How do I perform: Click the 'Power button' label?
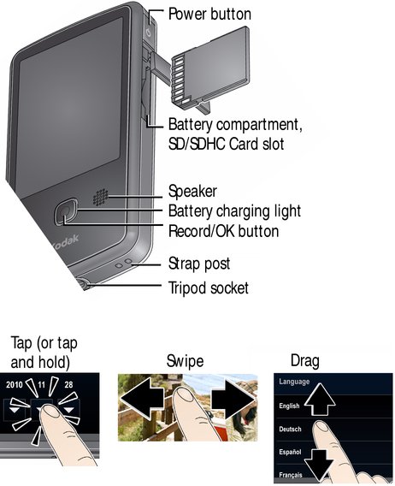point(209,15)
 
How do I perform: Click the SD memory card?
point(210,65)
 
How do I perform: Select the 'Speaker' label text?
point(192,192)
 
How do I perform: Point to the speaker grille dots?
point(100,197)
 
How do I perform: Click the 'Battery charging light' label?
point(234,211)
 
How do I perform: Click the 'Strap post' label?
point(199,264)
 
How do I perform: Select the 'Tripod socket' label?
point(209,288)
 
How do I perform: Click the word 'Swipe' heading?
point(185,361)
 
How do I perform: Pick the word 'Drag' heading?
point(305,361)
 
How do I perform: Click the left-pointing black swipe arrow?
point(142,400)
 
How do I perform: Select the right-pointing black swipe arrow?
point(233,400)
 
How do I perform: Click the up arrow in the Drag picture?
point(320,399)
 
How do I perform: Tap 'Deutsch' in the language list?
point(290,430)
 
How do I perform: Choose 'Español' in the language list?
point(290,453)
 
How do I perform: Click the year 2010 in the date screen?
point(15,385)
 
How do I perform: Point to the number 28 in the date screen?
point(68,385)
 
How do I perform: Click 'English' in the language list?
point(289,406)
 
